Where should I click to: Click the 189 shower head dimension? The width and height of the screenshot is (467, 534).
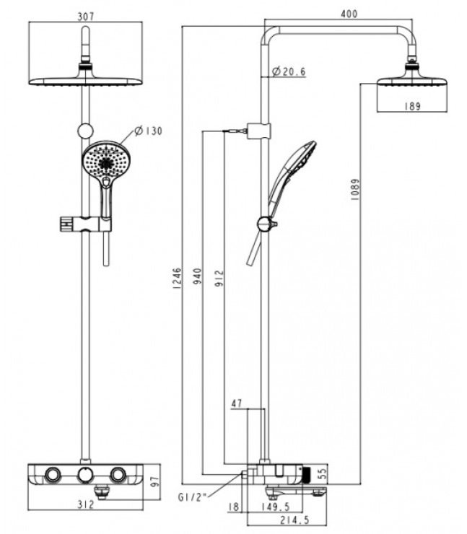click(x=411, y=106)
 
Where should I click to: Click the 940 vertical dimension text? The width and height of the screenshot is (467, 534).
click(x=196, y=276)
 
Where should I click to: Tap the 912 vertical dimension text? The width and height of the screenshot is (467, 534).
click(x=219, y=277)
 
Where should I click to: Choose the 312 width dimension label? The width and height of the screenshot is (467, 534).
click(x=87, y=505)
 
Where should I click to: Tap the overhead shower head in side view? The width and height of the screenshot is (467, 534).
click(x=411, y=79)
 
